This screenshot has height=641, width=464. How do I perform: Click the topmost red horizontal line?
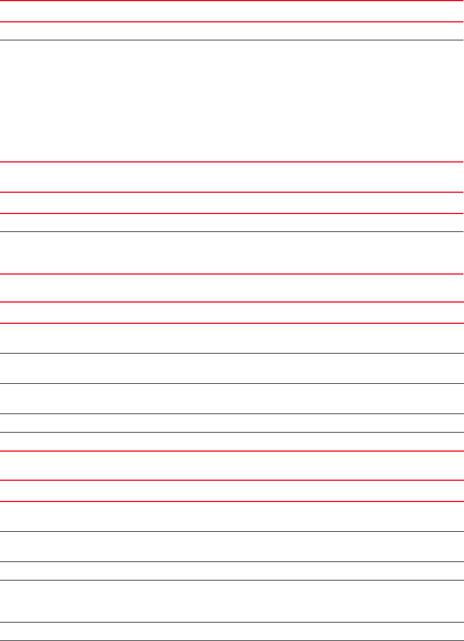[232, 1]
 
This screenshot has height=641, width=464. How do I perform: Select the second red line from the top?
[232, 22]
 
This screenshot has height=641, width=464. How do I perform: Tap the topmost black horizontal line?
[232, 40]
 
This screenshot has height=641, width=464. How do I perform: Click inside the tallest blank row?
[232, 101]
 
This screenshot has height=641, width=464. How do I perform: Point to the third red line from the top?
[232, 162]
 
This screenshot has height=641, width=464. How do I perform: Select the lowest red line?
[232, 501]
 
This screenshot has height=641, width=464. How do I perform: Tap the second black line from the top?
[232, 231]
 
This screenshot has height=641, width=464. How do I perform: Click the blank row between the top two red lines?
[232, 11]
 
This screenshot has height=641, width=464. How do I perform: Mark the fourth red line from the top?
[232, 193]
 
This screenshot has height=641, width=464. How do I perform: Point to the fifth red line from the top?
[232, 213]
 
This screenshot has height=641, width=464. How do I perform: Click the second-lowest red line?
[232, 480]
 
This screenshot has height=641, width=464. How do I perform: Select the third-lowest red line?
[232, 450]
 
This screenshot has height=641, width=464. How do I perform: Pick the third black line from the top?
[232, 353]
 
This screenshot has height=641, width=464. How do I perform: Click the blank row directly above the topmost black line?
[232, 31]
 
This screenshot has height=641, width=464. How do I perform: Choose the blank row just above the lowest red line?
[232, 490]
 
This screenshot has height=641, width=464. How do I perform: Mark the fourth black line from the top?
[232, 383]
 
